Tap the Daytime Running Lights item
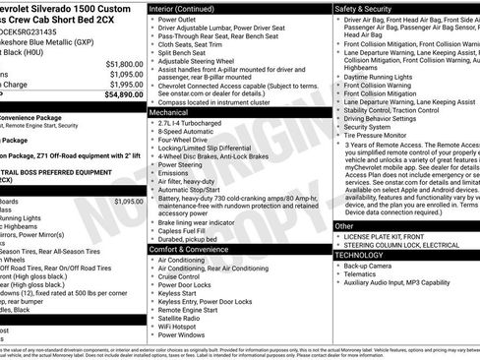(x=388, y=75)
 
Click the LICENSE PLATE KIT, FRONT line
(x=390, y=237)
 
